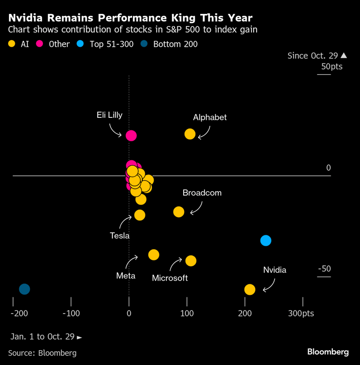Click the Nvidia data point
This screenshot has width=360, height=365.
(249, 290)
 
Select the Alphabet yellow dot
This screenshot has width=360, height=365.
(190, 134)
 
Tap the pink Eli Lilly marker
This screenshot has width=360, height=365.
(131, 136)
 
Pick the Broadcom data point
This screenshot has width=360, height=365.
(178, 211)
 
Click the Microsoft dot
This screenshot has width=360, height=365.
(191, 261)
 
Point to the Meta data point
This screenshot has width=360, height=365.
(154, 255)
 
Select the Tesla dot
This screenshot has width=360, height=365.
(139, 215)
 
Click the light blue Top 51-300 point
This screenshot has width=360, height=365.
(266, 240)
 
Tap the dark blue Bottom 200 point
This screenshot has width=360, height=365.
(24, 289)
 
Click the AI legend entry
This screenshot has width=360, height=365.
(19, 44)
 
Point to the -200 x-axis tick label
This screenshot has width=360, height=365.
(19, 313)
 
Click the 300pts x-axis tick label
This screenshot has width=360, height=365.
(301, 313)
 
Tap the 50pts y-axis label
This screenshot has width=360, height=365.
(331, 66)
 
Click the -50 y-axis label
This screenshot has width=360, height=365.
(324, 269)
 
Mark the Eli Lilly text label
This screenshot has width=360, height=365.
(109, 115)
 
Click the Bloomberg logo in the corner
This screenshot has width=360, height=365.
(328, 352)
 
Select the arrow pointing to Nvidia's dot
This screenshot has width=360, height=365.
(269, 285)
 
